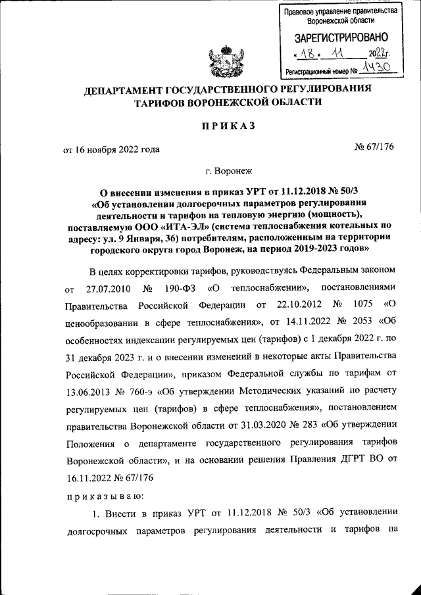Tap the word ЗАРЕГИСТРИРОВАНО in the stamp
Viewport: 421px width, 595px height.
click(x=340, y=38)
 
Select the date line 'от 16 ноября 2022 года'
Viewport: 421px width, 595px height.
click(x=111, y=149)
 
